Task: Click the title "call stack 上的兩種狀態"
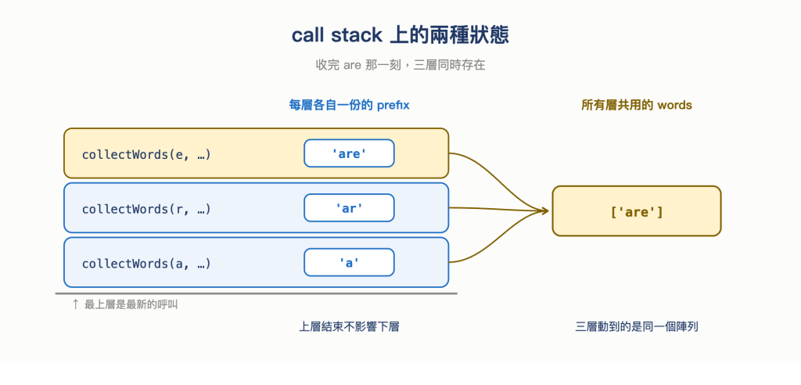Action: (x=400, y=35)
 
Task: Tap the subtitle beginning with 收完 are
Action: (x=400, y=65)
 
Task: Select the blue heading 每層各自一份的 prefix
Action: (x=350, y=106)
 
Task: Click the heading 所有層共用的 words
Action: (x=637, y=106)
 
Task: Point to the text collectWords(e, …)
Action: (x=146, y=154)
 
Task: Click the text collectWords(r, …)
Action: (x=146, y=209)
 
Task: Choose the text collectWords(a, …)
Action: (x=146, y=263)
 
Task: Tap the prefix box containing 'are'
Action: (x=349, y=153)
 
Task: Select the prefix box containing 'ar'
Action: (x=349, y=207)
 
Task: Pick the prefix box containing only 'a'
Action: (x=349, y=262)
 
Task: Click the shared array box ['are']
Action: (x=637, y=211)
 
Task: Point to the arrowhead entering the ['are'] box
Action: (x=545, y=210)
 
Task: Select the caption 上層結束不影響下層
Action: (x=349, y=327)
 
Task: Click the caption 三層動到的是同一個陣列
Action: (x=637, y=327)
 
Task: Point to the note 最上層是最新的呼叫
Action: (x=131, y=304)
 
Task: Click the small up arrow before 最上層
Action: (x=75, y=304)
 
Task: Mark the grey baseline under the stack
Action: (x=257, y=294)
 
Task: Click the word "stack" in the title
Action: (x=357, y=35)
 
